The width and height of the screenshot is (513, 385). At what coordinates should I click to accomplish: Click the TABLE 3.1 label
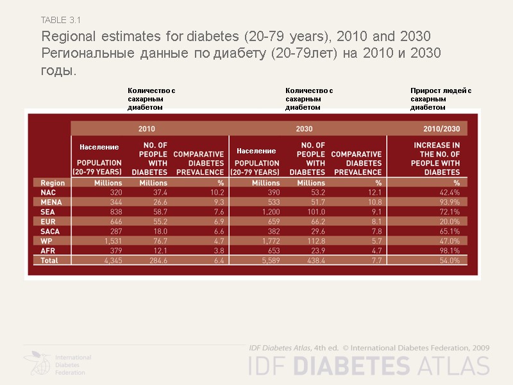click(60, 21)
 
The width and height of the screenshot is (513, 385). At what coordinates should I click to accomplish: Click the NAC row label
click(48, 193)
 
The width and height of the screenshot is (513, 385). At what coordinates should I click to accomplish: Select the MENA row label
click(51, 202)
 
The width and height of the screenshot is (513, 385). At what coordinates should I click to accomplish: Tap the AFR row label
click(48, 251)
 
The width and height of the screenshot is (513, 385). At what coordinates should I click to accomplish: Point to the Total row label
click(49, 261)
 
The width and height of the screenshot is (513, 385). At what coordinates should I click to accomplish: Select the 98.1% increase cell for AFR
click(449, 251)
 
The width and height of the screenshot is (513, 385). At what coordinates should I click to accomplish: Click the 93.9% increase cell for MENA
click(449, 202)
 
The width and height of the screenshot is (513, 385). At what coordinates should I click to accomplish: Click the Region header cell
click(53, 183)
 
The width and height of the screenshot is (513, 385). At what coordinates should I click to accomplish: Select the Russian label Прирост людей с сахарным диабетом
click(441, 99)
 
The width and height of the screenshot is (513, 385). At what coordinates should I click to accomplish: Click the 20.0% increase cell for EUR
click(449, 221)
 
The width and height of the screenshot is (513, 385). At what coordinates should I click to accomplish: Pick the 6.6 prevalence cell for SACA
click(217, 232)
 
